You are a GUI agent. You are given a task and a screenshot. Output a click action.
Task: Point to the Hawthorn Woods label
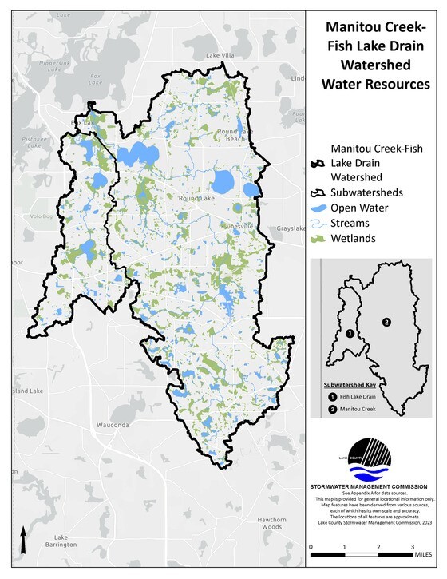click(x=271, y=523)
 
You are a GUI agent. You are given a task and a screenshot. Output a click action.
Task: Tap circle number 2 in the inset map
click(x=386, y=322)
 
